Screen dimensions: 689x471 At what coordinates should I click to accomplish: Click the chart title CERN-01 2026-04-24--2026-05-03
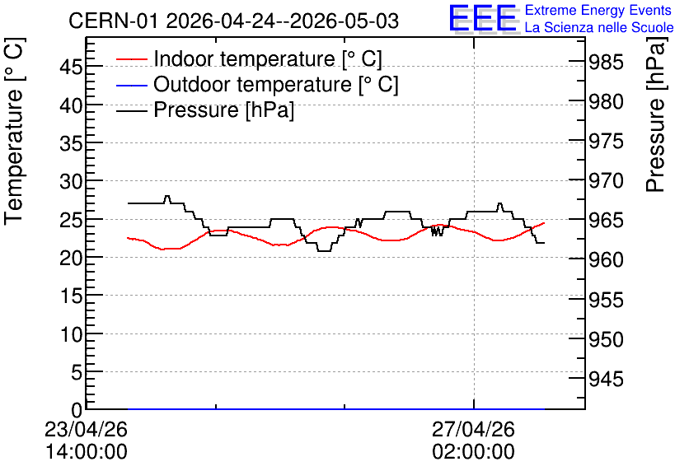[233, 21]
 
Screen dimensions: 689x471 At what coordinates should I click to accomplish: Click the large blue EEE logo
[482, 17]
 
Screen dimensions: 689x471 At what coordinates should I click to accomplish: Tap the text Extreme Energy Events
[598, 10]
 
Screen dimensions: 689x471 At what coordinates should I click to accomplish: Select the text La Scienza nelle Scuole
[599, 27]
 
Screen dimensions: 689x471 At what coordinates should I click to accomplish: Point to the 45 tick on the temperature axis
[71, 68]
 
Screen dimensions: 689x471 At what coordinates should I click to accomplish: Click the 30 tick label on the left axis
[71, 181]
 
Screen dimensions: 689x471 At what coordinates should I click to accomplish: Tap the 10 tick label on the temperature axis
[71, 334]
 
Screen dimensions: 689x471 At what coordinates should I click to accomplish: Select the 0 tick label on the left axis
[77, 410]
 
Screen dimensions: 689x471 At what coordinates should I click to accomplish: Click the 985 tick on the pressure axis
[606, 63]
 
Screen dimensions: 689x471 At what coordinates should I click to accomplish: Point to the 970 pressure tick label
[606, 181]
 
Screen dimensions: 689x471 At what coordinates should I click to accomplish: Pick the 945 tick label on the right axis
[606, 379]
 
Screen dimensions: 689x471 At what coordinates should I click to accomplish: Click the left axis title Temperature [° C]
[14, 132]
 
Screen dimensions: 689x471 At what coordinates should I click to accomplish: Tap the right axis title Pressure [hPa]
[655, 114]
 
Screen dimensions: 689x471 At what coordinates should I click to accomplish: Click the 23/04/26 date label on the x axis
[86, 429]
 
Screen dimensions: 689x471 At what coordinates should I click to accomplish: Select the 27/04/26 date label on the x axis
[473, 429]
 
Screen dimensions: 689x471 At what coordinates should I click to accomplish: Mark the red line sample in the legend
[131, 59]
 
